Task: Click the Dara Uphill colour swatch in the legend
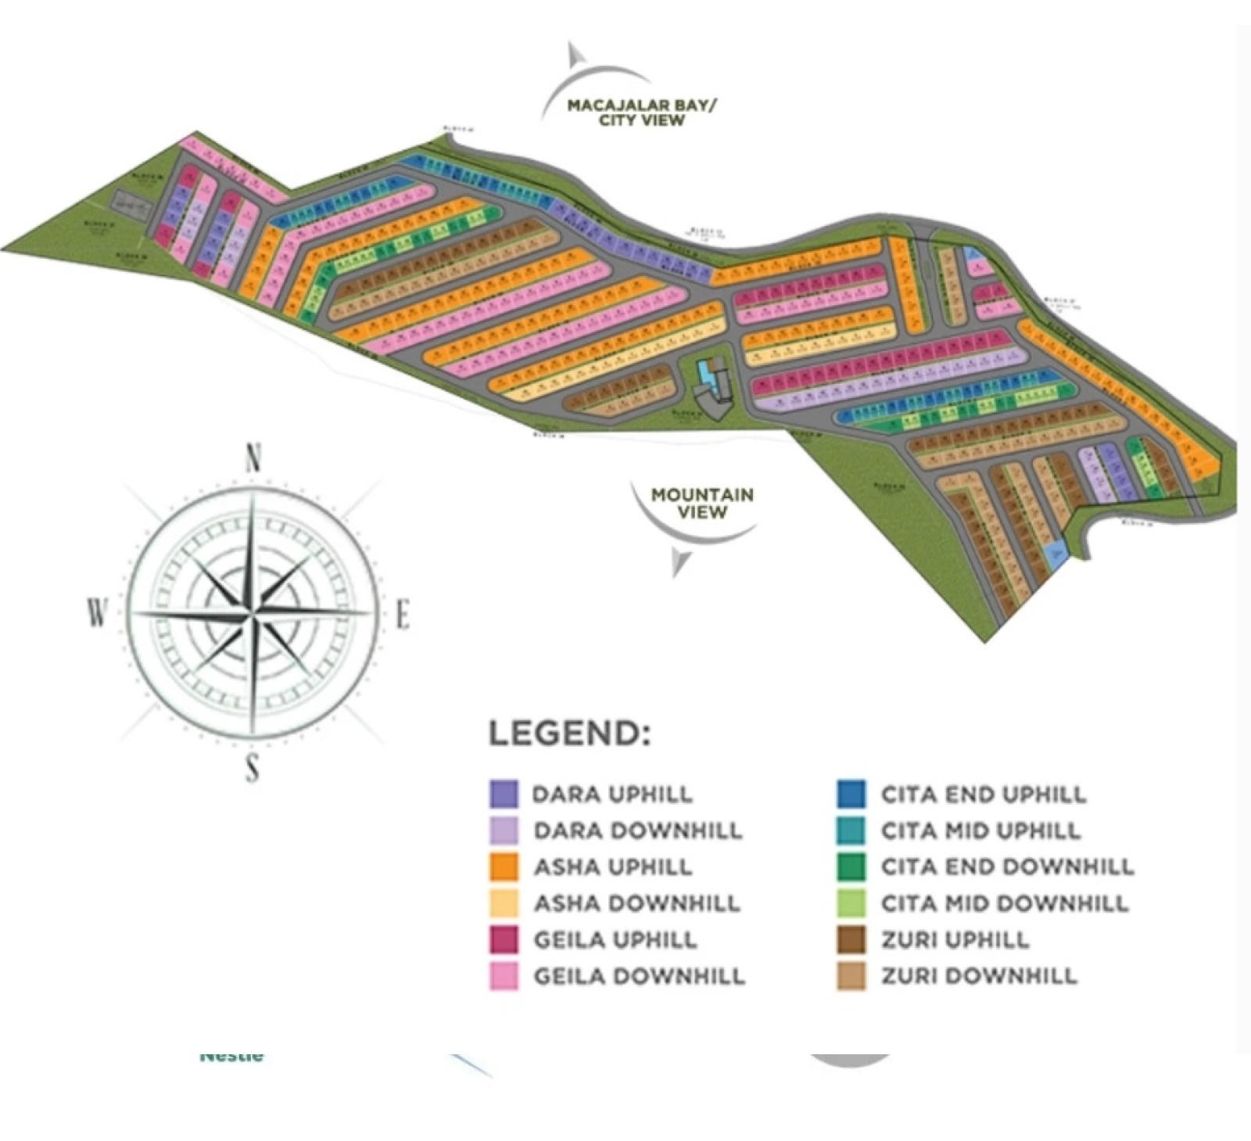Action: pyautogui.click(x=504, y=794)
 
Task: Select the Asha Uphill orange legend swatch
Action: pyautogui.click(x=504, y=867)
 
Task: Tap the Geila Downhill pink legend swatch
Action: pyautogui.click(x=504, y=976)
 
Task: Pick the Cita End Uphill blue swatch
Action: pyautogui.click(x=851, y=794)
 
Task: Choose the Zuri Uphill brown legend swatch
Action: pyautogui.click(x=851, y=939)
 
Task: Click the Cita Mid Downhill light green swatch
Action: pyautogui.click(x=851, y=903)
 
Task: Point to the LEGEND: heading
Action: pyautogui.click(x=569, y=734)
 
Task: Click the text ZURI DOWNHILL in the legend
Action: pyautogui.click(x=979, y=976)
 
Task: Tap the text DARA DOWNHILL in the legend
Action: pyautogui.click(x=638, y=831)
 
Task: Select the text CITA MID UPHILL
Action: pyautogui.click(x=980, y=831)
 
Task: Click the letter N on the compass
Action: pyautogui.click(x=253, y=458)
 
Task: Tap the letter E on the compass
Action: pyautogui.click(x=403, y=615)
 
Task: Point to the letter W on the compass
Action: pyautogui.click(x=96, y=612)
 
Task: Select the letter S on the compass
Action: pyautogui.click(x=252, y=768)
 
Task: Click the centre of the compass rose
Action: pyautogui.click(x=253, y=615)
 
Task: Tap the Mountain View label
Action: pyautogui.click(x=702, y=503)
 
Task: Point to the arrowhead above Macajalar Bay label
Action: pyautogui.click(x=576, y=54)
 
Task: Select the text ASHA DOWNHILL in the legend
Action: pyautogui.click(x=636, y=903)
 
